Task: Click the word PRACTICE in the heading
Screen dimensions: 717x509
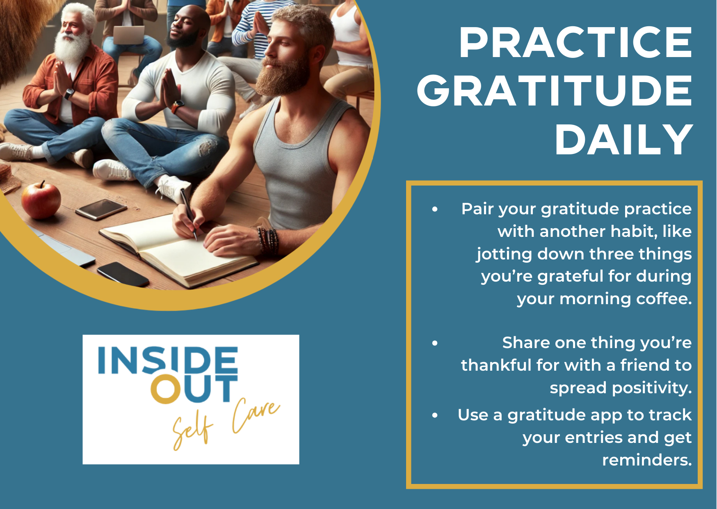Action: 575,43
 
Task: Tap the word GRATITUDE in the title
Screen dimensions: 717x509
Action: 555,91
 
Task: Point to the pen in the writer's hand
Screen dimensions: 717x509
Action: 188,213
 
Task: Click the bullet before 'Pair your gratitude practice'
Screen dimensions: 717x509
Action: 435,209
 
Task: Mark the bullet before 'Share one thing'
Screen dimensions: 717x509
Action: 435,343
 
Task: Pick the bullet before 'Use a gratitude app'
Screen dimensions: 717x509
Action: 435,415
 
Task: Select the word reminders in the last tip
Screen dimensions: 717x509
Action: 647,460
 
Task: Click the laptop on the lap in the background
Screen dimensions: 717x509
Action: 129,34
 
